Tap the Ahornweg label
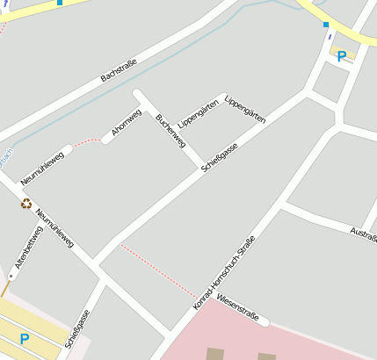click(x=127, y=122)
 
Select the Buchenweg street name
click(x=170, y=130)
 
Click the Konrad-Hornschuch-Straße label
click(x=225, y=272)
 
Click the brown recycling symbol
click(x=26, y=204)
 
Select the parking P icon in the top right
click(x=341, y=56)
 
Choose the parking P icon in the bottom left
click(x=25, y=339)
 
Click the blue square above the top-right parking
click(x=325, y=25)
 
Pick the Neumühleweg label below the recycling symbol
click(x=55, y=227)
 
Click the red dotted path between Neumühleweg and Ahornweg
click(x=87, y=140)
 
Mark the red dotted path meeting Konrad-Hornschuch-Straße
click(x=158, y=270)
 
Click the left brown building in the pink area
click(x=215, y=355)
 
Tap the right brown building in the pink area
click(x=266, y=356)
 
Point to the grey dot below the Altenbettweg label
click(x=11, y=276)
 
